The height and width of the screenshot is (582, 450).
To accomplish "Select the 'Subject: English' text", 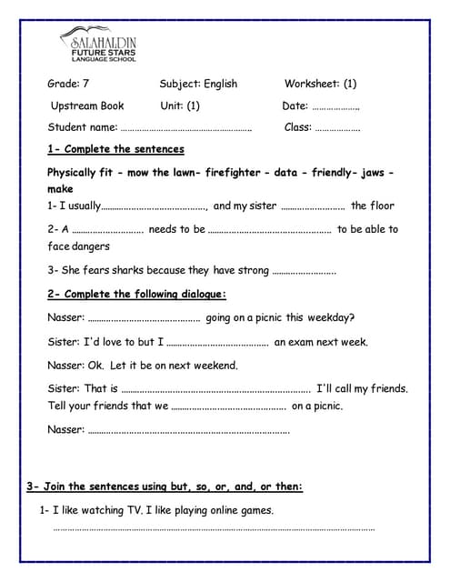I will (197, 84).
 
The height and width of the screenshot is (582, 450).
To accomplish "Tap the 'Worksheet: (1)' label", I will (320, 84).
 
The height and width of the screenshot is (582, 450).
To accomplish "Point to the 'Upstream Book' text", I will (87, 105).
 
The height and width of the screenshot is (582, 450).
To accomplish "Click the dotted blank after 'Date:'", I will (335, 106).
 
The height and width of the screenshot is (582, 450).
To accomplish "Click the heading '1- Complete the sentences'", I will (115, 149).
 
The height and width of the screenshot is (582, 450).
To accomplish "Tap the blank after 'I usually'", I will (154, 206).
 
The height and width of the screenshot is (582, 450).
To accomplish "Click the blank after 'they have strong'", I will (304, 271).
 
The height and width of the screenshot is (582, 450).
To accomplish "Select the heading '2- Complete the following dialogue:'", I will (136, 294).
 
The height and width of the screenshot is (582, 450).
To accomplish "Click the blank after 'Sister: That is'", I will (215, 389).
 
